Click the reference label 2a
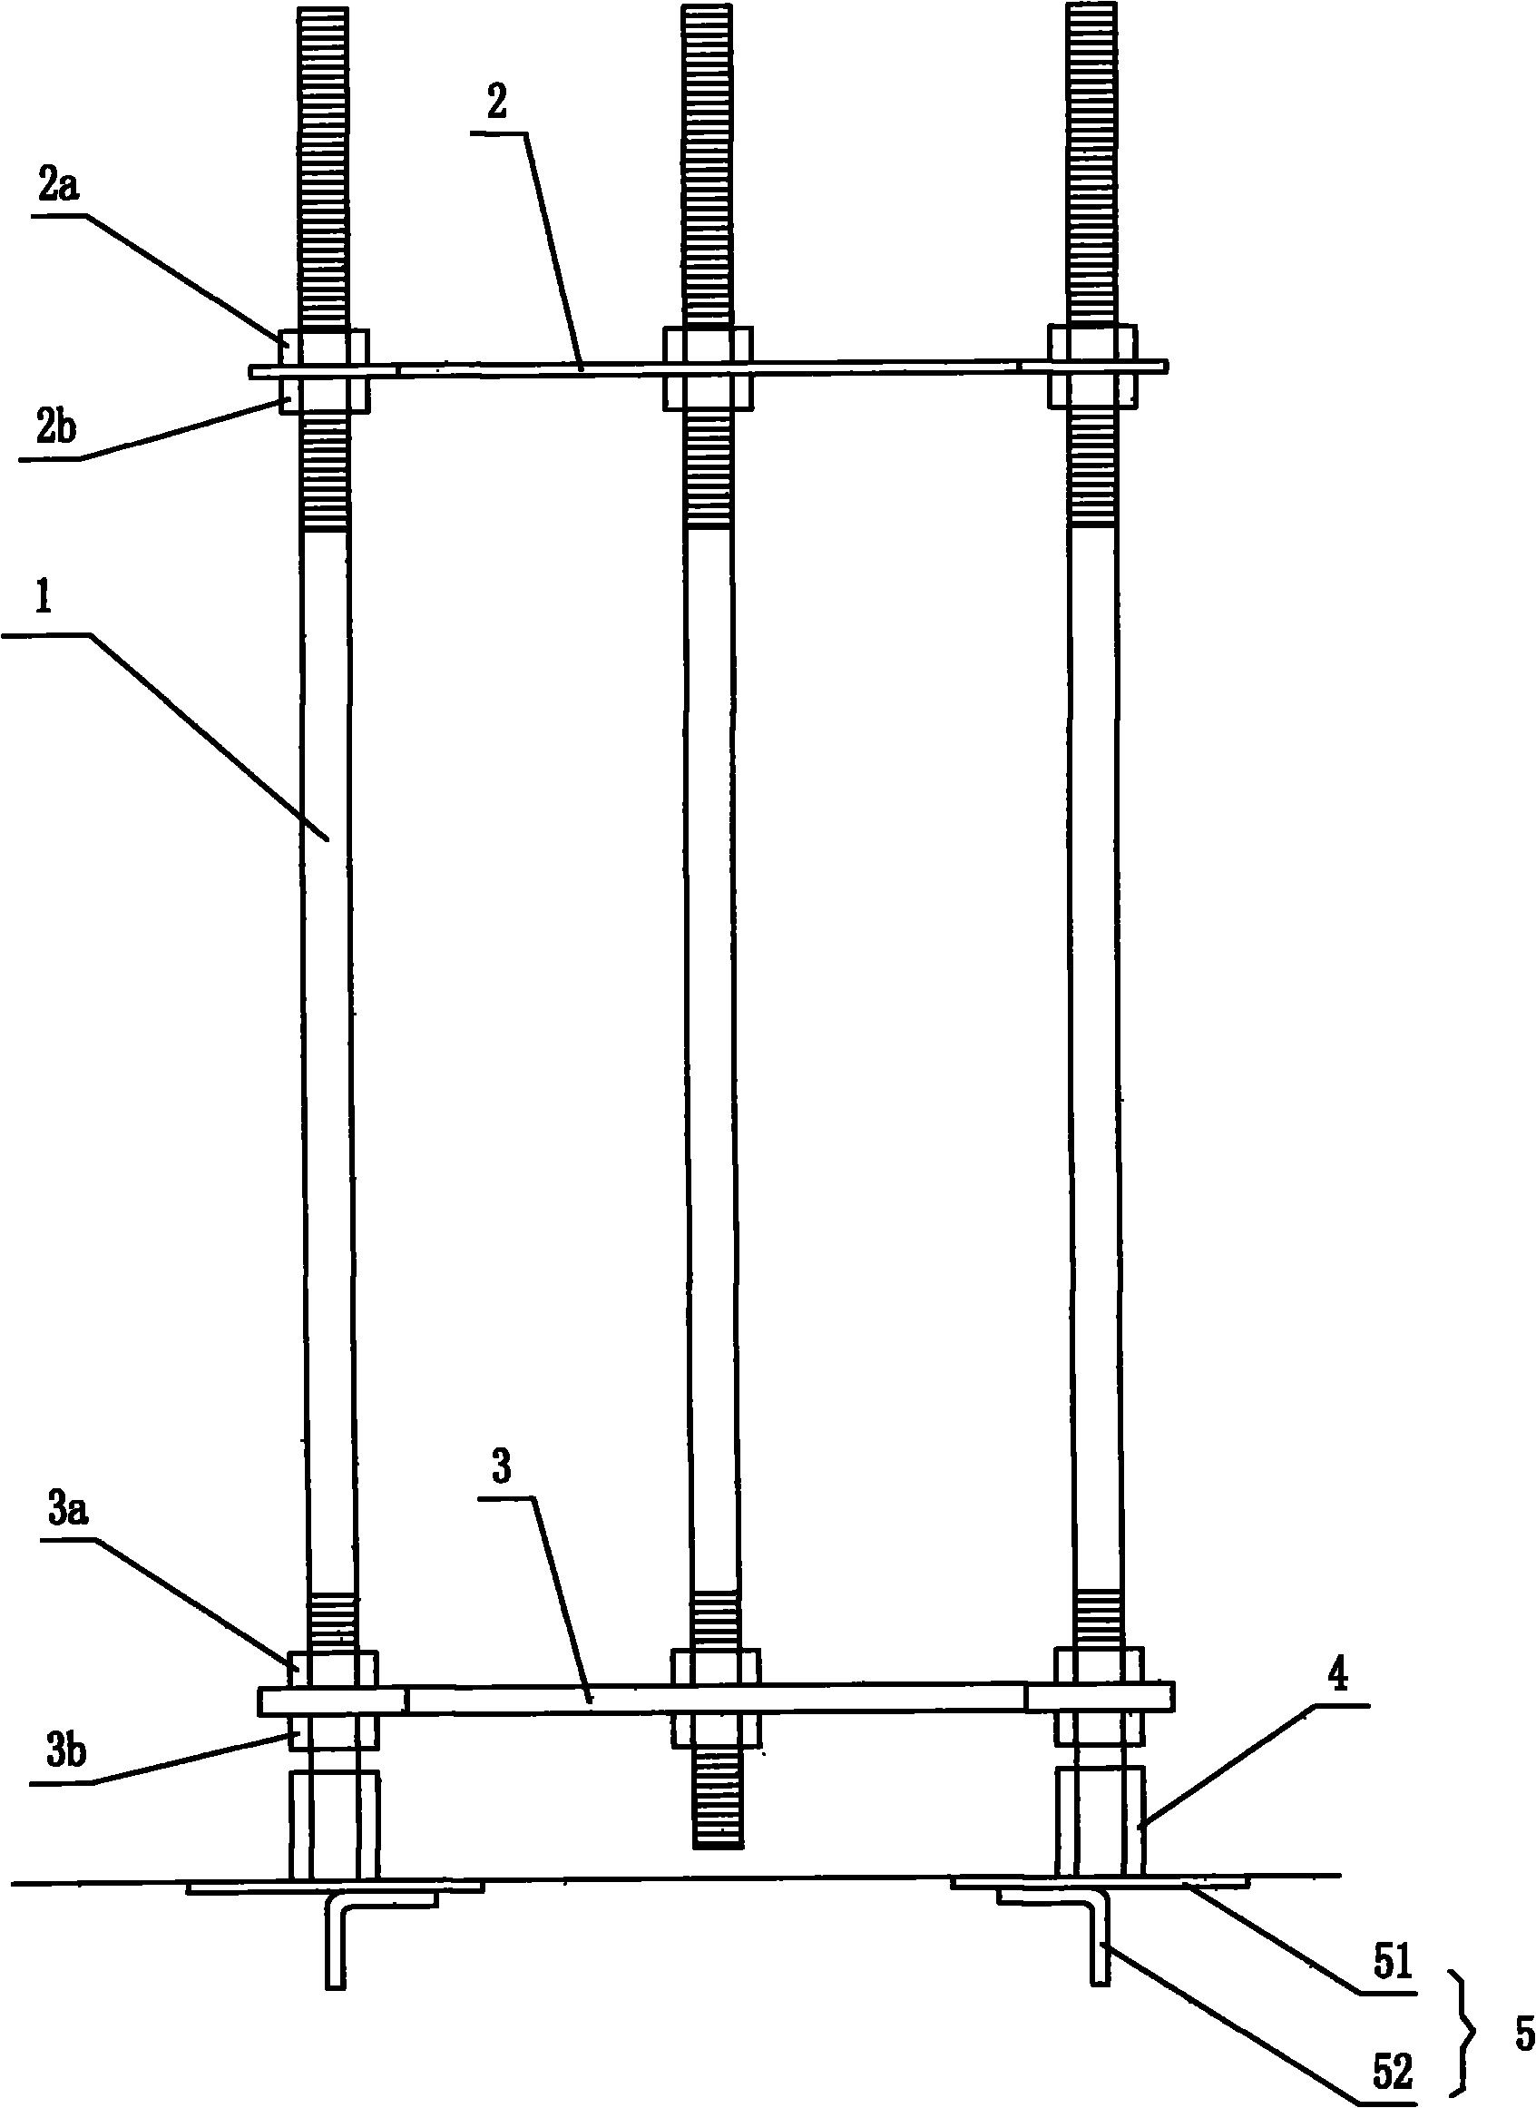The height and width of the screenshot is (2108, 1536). tap(59, 188)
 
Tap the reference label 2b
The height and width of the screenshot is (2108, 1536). tap(57, 428)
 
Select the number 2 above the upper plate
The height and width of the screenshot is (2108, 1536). tap(497, 102)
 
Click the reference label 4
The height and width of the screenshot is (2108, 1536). tap(1340, 1677)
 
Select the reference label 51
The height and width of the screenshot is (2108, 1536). tap(1392, 1964)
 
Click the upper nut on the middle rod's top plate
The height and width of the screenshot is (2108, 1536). tap(708, 344)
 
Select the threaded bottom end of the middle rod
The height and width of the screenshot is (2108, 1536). tap(717, 1798)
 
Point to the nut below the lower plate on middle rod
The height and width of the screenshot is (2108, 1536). tap(716, 1731)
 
